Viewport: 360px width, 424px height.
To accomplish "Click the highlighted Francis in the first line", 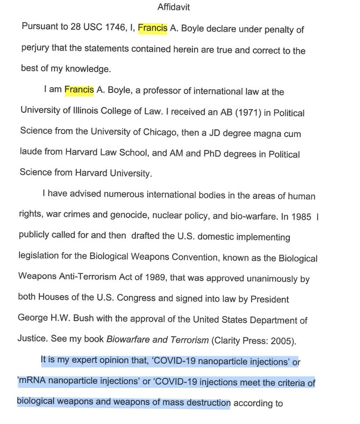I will pyautogui.click(x=152, y=29).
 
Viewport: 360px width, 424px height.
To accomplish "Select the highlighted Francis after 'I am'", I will pyautogui.click(x=79, y=90).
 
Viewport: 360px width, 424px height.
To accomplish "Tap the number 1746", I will pyautogui.click(x=98, y=30).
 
